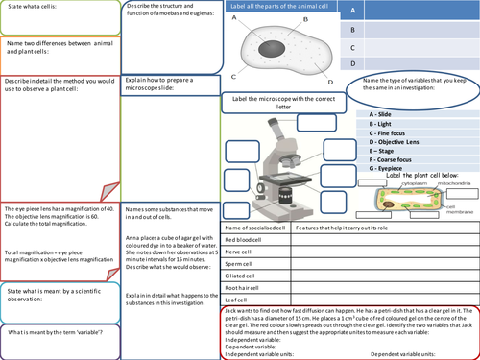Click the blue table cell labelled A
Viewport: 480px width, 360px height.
(x=354, y=10)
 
